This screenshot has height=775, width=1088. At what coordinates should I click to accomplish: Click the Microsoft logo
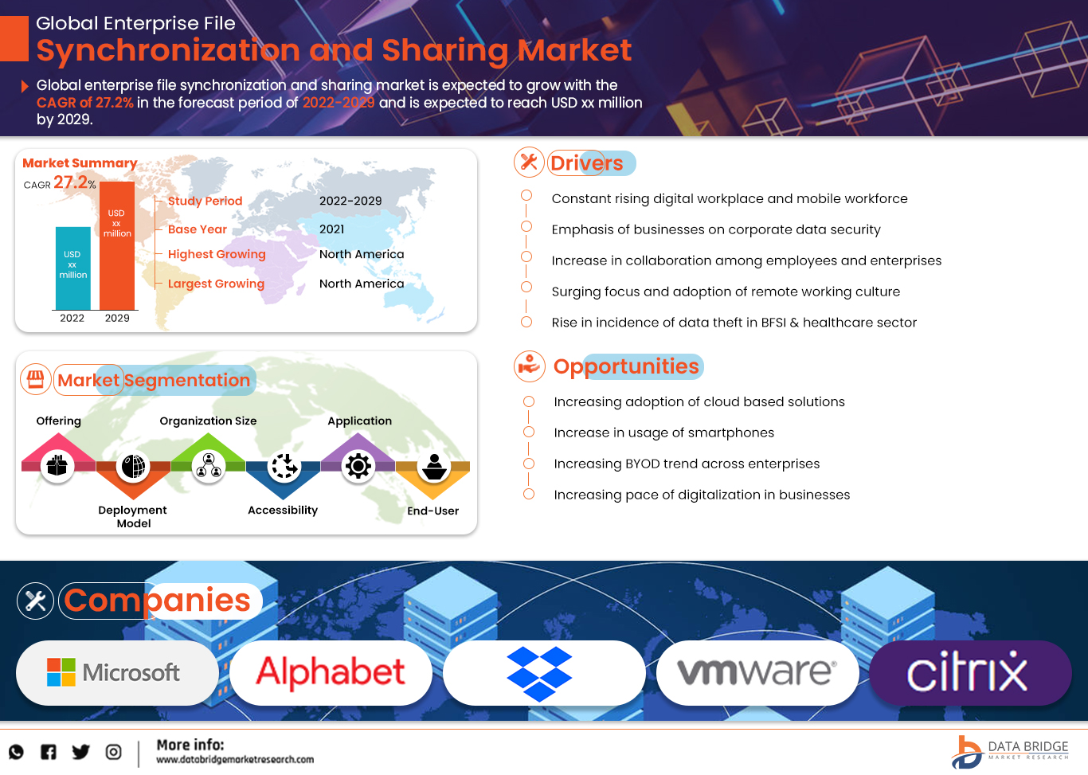pos(116,673)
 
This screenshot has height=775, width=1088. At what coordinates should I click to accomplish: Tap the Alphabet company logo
pos(331,673)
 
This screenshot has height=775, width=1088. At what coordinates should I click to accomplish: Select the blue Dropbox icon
pos(539,674)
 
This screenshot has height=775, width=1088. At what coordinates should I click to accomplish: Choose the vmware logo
pos(757,673)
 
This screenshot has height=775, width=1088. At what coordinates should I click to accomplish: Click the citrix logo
pos(968,673)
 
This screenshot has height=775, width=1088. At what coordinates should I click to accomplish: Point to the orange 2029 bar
pos(117,247)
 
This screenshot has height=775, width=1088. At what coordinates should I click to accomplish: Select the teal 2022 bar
pos(72,268)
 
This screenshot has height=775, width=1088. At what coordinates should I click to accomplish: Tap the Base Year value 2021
pos(332,229)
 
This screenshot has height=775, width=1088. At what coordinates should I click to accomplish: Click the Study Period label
pos(205,201)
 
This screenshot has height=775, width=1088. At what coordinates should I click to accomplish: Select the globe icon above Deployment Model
pos(133,466)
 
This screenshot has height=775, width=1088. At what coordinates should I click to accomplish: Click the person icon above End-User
pos(434,466)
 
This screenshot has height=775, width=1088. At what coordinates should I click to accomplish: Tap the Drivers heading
pos(586,163)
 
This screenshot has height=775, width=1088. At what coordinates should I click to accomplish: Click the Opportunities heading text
pos(626,366)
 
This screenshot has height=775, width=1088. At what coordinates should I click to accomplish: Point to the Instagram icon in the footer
pos(114,752)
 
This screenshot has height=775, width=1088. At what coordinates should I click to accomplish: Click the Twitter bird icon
pos(80,752)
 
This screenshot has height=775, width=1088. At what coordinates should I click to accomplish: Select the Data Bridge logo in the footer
pos(1010,751)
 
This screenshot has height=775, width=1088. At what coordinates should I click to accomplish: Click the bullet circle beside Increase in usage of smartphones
pos(529,432)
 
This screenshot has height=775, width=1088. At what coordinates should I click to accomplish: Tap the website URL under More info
pos(235,760)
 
